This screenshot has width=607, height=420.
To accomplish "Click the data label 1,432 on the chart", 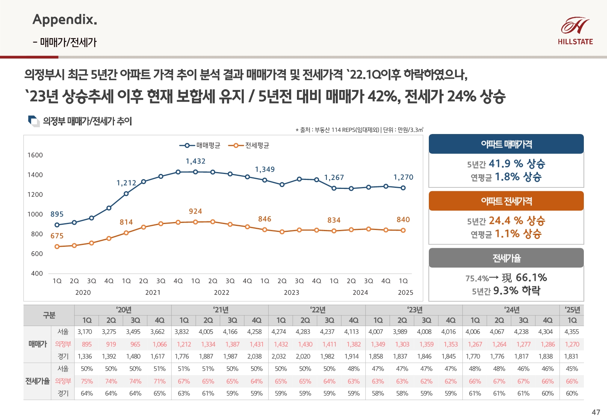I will pos(195,161).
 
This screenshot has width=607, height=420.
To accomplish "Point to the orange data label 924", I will pos(195,211).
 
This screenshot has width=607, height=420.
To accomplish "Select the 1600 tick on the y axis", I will pos(35,155).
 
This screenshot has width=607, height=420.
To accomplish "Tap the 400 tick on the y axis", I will pos(37,273).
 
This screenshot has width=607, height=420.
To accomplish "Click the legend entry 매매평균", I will pos(200,145).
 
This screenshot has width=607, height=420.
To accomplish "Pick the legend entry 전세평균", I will pos(249,145).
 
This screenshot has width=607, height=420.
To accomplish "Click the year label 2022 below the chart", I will pos(222,293).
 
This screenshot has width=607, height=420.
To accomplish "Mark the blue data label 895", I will pos(57,214).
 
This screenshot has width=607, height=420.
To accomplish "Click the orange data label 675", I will pos(57,236).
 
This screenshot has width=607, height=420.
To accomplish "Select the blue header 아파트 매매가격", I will pos(506,144).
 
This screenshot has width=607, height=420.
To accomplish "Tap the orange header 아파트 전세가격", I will pos(506,201).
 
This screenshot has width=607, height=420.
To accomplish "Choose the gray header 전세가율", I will pos(506,258).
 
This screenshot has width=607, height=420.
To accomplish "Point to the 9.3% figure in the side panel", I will pos(505,290).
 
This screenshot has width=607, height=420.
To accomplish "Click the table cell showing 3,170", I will pos(84,332).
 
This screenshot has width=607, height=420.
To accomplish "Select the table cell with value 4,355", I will pos(572,332).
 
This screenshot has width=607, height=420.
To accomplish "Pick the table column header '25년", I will pos(572,310).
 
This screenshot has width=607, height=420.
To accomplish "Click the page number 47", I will pos(596,412).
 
